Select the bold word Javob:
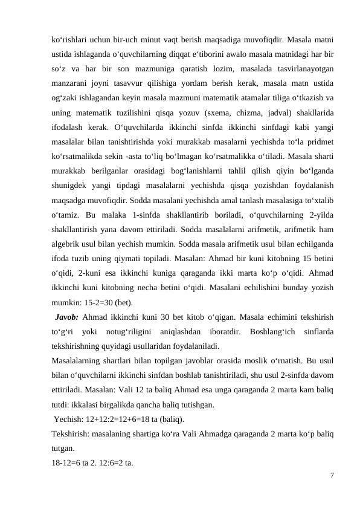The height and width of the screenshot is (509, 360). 66,317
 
